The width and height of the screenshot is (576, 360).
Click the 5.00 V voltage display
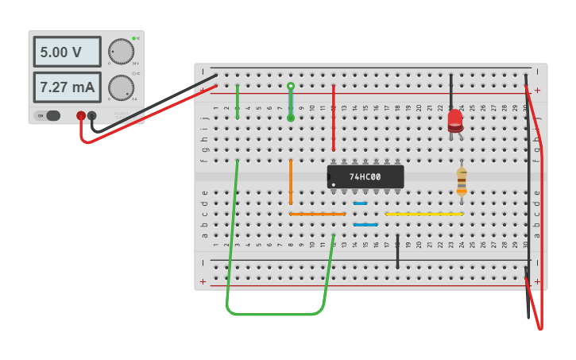pyautogui.click(x=67, y=52)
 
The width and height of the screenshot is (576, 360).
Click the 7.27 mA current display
pyautogui.click(x=67, y=87)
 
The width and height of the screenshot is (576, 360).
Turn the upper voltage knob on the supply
pyautogui.click(x=121, y=51)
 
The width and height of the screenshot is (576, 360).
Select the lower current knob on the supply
pyautogui.click(x=121, y=87)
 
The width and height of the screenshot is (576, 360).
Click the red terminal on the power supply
pyautogui.click(x=81, y=116)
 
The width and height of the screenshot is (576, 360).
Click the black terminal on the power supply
pyautogui.click(x=92, y=116)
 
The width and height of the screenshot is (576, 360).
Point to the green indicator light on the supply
pyautogui.click(x=137, y=38)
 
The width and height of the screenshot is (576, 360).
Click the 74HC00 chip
pyautogui.click(x=365, y=176)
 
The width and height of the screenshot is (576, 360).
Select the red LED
pyautogui.click(x=454, y=120)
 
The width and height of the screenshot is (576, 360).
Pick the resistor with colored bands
pyautogui.click(x=462, y=181)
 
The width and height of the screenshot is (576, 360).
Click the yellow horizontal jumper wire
pyautogui.click(x=423, y=214)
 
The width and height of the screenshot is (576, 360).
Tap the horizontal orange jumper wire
pyautogui.click(x=317, y=214)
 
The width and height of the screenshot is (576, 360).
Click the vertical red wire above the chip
pyautogui.click(x=333, y=118)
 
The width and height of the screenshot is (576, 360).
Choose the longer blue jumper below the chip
pyautogui.click(x=365, y=225)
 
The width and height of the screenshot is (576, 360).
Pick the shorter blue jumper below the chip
pyautogui.click(x=360, y=203)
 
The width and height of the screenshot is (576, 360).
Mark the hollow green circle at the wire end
pyautogui.click(x=291, y=86)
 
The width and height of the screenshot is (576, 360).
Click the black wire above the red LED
pyautogui.click(x=450, y=91)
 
